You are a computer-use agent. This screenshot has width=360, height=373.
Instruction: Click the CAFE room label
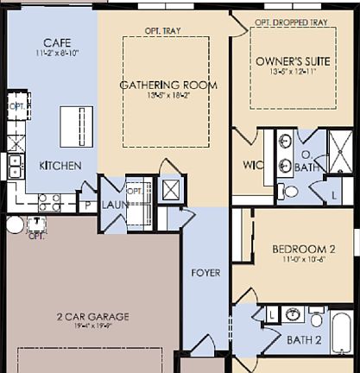pos(57,43)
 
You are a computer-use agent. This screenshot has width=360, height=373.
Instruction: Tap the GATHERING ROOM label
pos(168,85)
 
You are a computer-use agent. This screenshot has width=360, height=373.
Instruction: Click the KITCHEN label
pos(60,166)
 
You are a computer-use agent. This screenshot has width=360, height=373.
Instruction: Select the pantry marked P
pos(87,205)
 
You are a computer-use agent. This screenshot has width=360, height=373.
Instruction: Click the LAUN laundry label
pos(114,205)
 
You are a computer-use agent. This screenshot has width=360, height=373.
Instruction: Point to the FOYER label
pos(205,273)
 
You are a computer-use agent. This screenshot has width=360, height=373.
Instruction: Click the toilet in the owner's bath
pos(291,191)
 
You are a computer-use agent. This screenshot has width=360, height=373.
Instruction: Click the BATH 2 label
pos(304,339)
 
